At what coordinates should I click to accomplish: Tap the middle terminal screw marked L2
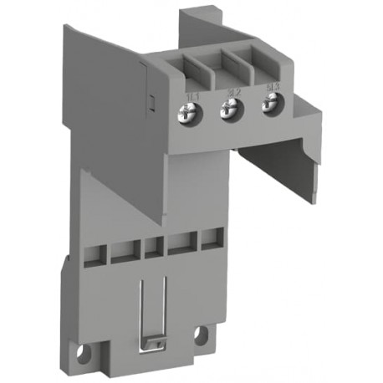[x=227, y=110]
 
